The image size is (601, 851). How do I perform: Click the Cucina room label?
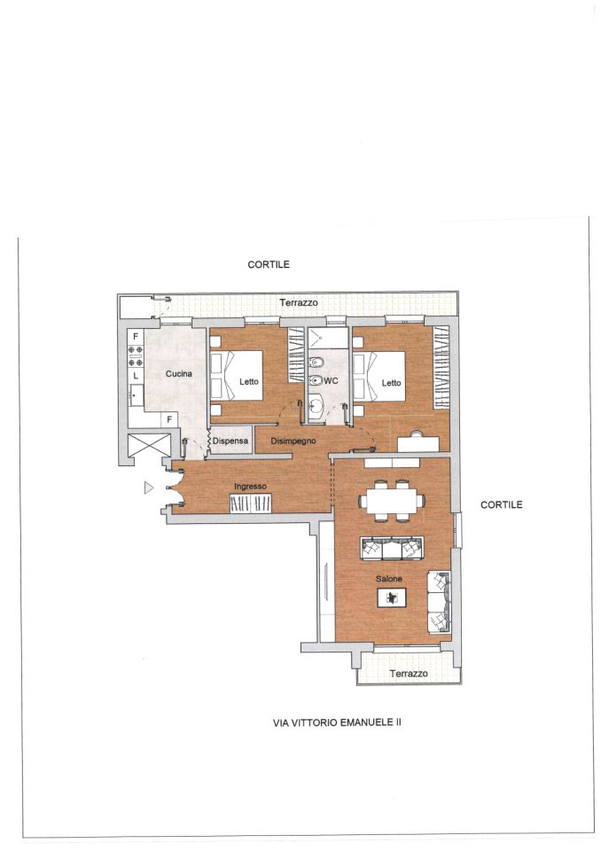[x=179, y=373]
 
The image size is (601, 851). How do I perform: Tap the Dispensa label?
[x=230, y=441]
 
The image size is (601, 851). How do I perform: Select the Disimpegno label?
[x=293, y=441]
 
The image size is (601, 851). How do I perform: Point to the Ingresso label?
[x=250, y=487]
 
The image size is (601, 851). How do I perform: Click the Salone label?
[x=389, y=579]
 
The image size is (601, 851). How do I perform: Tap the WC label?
[x=331, y=381]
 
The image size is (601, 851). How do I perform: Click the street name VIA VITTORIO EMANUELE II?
[x=337, y=722]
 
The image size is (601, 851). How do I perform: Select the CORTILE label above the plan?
[x=269, y=264]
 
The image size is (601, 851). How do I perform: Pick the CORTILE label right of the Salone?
[x=502, y=504]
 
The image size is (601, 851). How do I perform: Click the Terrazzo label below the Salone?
[x=409, y=674]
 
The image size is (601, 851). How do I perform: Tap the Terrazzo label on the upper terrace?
[x=299, y=302]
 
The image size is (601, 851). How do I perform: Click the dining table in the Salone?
[x=392, y=501]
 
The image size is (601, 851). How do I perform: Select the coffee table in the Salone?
[x=392, y=598]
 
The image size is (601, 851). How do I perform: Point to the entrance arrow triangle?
[x=148, y=488]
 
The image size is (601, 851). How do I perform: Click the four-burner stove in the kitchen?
[x=136, y=356]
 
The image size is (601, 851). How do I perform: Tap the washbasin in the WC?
[x=316, y=404]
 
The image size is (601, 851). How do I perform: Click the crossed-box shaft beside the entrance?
[x=148, y=446]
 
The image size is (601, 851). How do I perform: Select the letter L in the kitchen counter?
[x=136, y=376]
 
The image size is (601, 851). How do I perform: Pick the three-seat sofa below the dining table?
[x=392, y=549]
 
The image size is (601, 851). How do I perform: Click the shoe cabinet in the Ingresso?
[x=250, y=504]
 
